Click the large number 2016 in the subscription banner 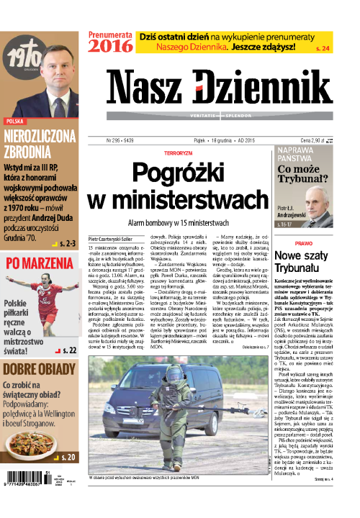pos(110,45)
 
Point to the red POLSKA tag pos(15,122)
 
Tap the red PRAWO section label pos(303,243)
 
